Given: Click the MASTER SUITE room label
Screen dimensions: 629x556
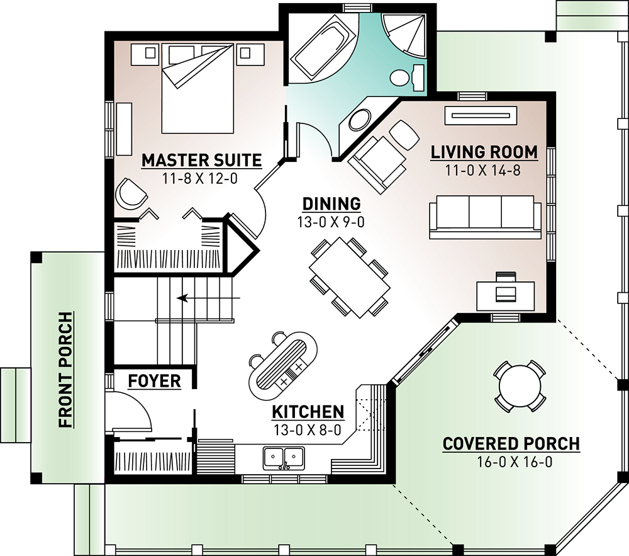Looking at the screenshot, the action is tap(202, 160).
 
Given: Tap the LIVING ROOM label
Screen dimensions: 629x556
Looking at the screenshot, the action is tap(484, 152).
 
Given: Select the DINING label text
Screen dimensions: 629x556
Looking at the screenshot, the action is tap(331, 204).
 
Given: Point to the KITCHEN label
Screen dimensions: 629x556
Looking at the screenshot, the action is tap(308, 412).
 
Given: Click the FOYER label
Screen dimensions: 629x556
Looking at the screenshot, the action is tap(155, 381).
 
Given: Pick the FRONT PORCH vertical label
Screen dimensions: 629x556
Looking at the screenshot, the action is tap(66, 370).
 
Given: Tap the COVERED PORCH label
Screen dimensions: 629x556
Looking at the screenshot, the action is tap(511, 444).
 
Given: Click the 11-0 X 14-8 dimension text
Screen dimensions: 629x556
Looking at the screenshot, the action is tap(483, 171).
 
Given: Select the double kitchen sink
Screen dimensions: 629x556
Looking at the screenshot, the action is tap(284, 458).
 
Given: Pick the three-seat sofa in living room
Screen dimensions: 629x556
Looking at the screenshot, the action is tap(486, 217).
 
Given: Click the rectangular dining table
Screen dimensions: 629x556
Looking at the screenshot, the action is tap(350, 278).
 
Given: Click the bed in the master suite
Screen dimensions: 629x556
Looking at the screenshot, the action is tap(198, 89).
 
